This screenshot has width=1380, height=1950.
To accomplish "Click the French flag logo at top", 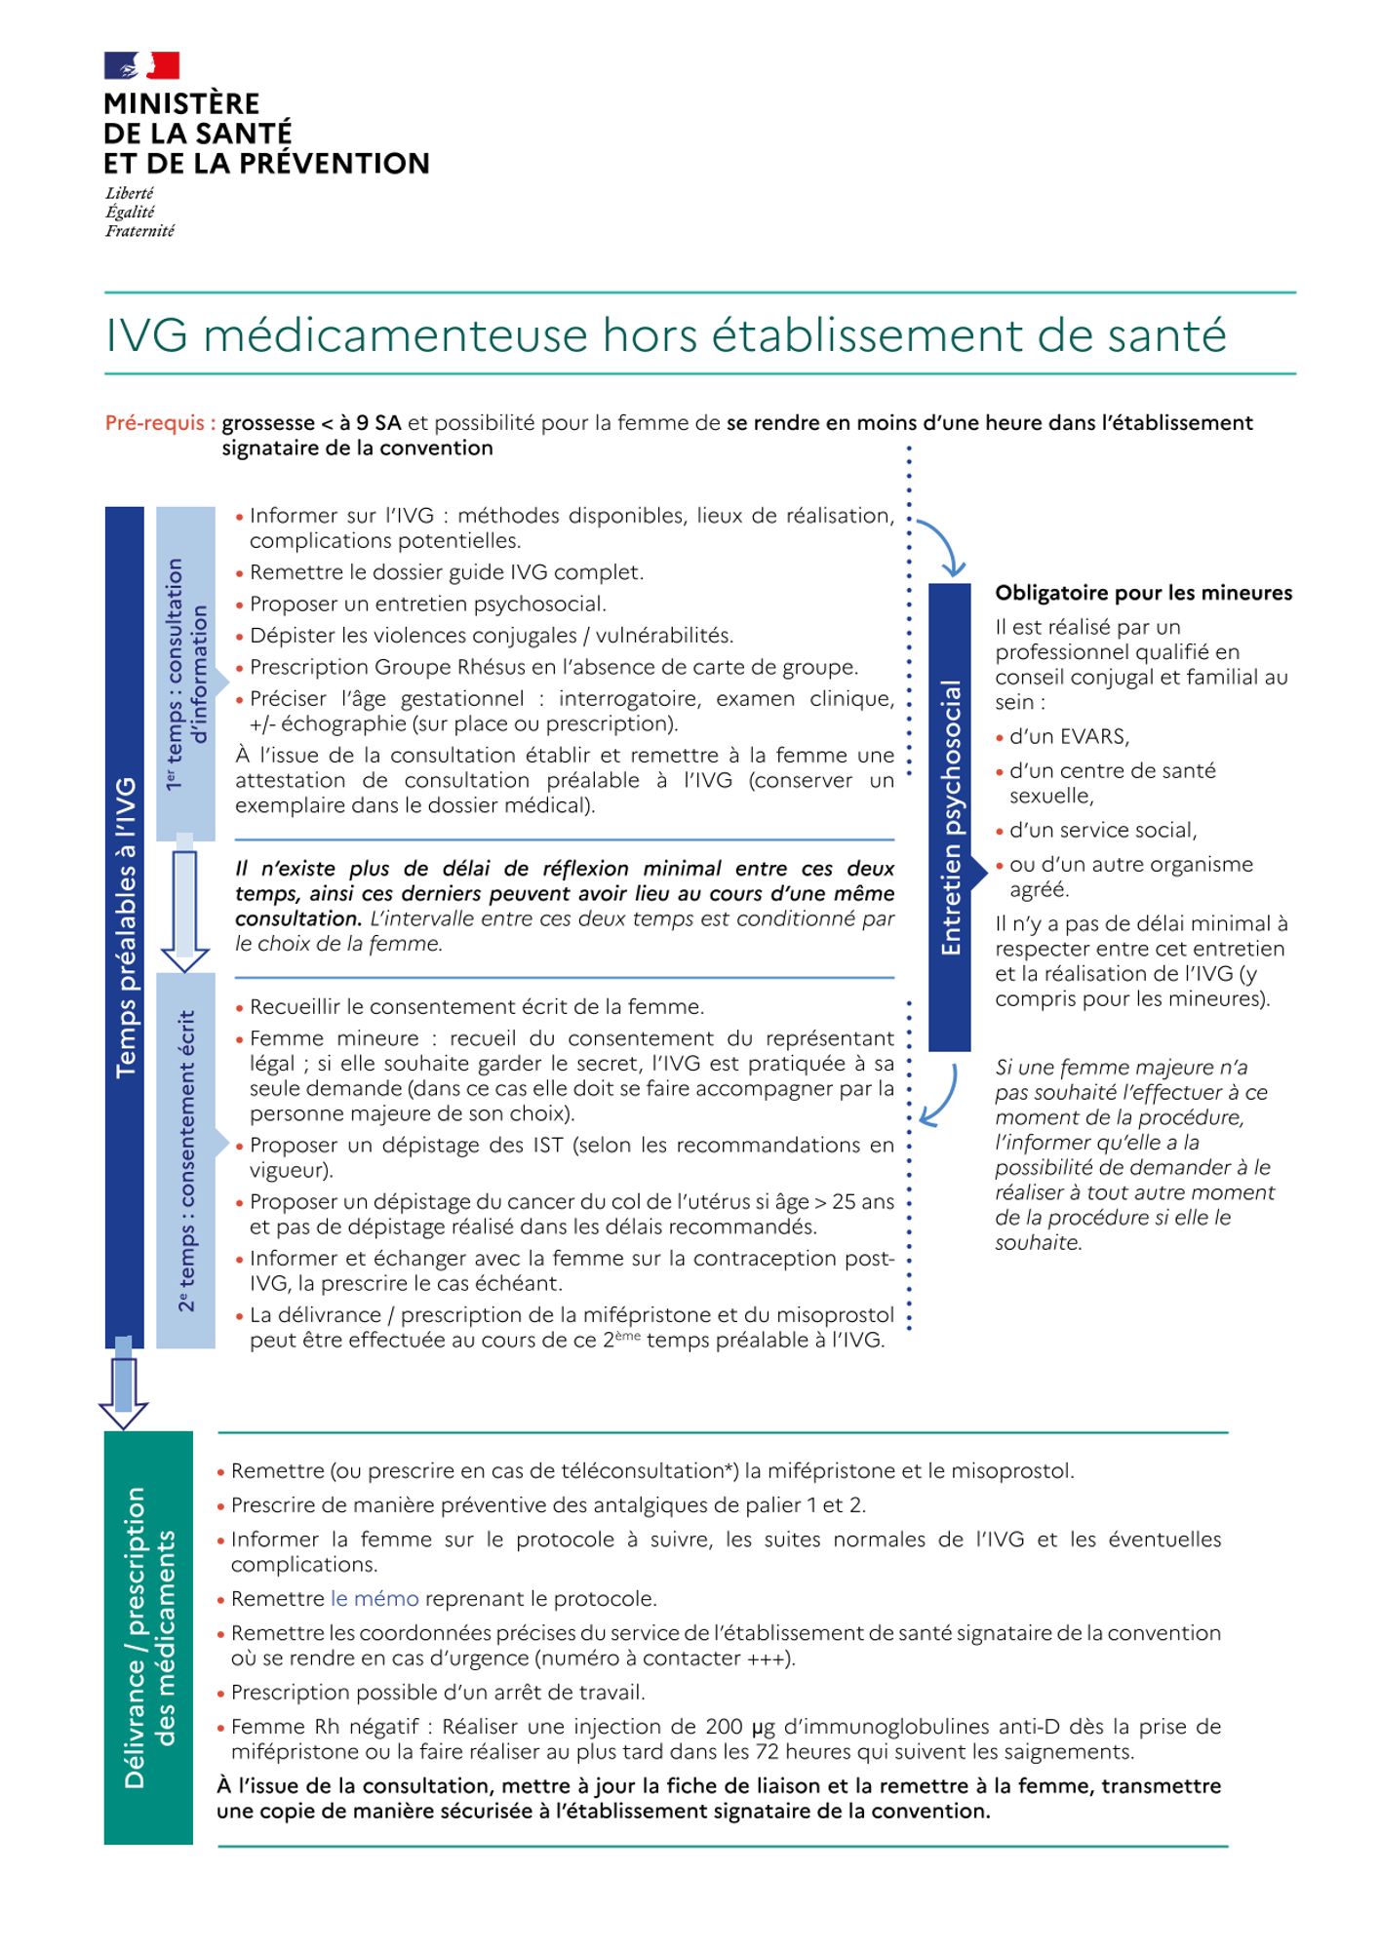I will pyautogui.click(x=141, y=65).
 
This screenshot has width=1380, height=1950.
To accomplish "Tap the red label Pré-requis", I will pyautogui.click(x=160, y=423).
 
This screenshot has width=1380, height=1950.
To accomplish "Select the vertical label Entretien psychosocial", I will pyautogui.click(x=950, y=817).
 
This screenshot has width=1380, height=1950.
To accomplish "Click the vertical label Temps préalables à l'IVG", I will pyautogui.click(x=125, y=926).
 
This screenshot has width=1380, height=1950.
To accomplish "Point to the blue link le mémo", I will pyautogui.click(x=375, y=1599).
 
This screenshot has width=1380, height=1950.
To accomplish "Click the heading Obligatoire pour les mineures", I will pyautogui.click(x=1143, y=593).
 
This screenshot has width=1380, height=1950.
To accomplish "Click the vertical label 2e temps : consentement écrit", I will pyautogui.click(x=186, y=1160).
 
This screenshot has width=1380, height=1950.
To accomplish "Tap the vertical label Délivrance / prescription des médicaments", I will pyautogui.click(x=148, y=1638).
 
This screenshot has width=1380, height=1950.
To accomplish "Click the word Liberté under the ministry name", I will pyautogui.click(x=130, y=193).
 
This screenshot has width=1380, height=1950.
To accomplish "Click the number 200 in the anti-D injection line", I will pyautogui.click(x=725, y=1727).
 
